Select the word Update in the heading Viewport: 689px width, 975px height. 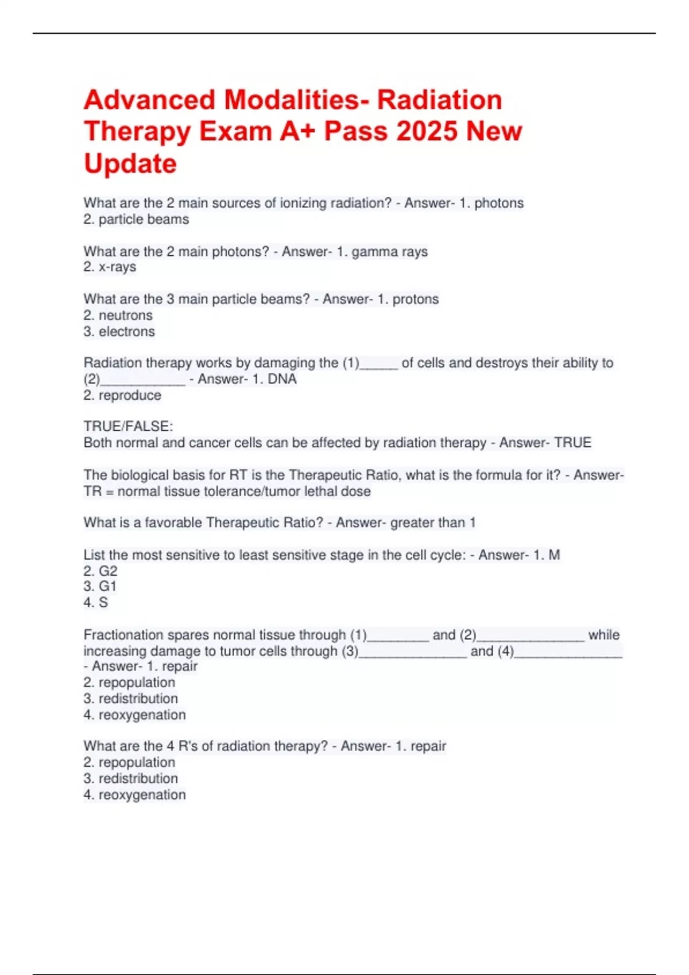coord(130,163)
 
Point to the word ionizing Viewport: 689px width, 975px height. coord(303,203)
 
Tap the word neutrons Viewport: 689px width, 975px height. coord(125,315)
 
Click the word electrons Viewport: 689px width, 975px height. coord(126,331)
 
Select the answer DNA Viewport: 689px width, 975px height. coord(282,379)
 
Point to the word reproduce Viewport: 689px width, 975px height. coord(130,395)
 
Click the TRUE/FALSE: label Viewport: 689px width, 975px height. coord(128,427)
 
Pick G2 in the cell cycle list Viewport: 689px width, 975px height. coord(108,571)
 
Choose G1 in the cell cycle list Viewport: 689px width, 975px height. coord(107,587)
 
